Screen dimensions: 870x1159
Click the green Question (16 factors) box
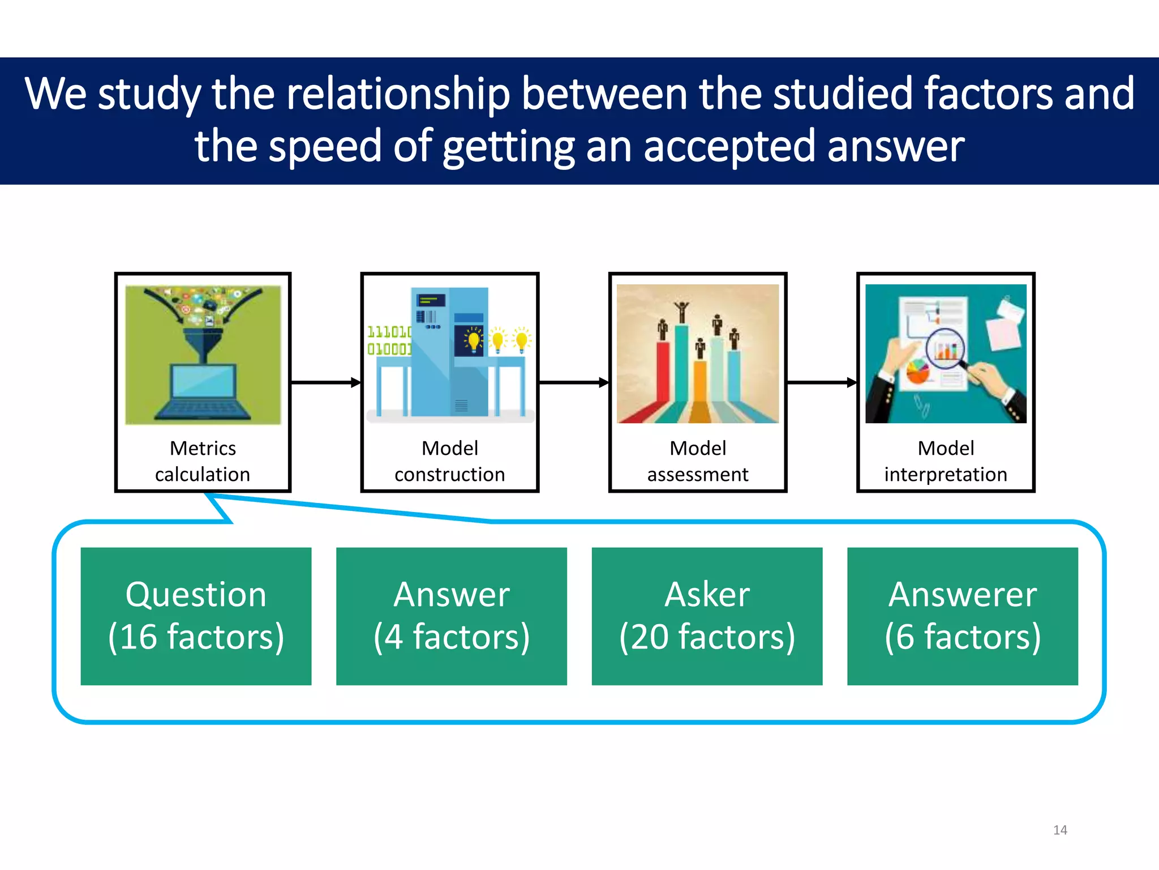point(196,616)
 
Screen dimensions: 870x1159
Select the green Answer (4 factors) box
point(451,616)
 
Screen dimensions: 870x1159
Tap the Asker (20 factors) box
point(707,616)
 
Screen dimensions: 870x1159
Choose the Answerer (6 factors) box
point(962,616)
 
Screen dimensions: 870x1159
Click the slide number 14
point(1060,830)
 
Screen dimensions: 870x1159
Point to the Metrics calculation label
point(203,461)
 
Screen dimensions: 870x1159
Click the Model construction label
point(449,461)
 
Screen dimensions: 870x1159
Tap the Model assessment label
point(698,461)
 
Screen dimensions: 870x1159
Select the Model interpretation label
point(946,461)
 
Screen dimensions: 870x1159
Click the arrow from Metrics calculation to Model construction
point(326,383)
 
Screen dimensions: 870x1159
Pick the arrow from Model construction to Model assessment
point(573,383)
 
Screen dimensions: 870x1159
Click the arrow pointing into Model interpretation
point(822,383)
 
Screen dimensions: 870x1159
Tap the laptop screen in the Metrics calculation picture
point(203,381)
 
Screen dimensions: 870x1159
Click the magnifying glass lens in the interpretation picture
point(945,348)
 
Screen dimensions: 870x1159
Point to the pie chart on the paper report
point(918,372)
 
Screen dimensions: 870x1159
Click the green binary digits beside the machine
point(389,340)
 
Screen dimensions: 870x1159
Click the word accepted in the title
point(730,146)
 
